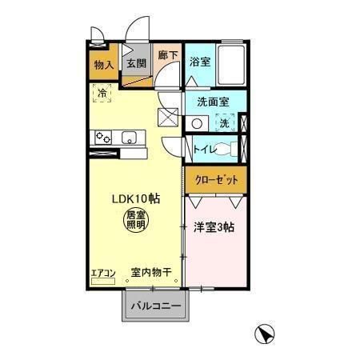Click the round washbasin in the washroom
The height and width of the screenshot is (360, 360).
(x=197, y=123)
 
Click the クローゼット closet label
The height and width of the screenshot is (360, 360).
(x=216, y=180)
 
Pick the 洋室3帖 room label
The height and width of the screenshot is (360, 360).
(x=214, y=227)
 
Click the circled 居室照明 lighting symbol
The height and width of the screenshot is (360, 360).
(x=136, y=219)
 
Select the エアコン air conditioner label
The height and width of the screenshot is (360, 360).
(x=103, y=273)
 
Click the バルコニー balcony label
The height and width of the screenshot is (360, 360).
(x=155, y=305)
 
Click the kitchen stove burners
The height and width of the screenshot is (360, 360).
(x=104, y=138)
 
